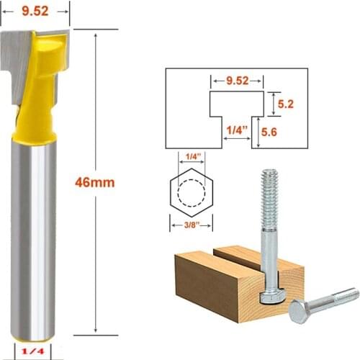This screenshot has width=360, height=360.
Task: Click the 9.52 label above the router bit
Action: click(35, 12)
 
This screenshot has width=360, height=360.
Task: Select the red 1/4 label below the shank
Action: click(33, 351)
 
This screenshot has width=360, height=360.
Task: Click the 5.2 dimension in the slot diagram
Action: click(286, 104)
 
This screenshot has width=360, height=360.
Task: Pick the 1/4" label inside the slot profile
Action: click(237, 130)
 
